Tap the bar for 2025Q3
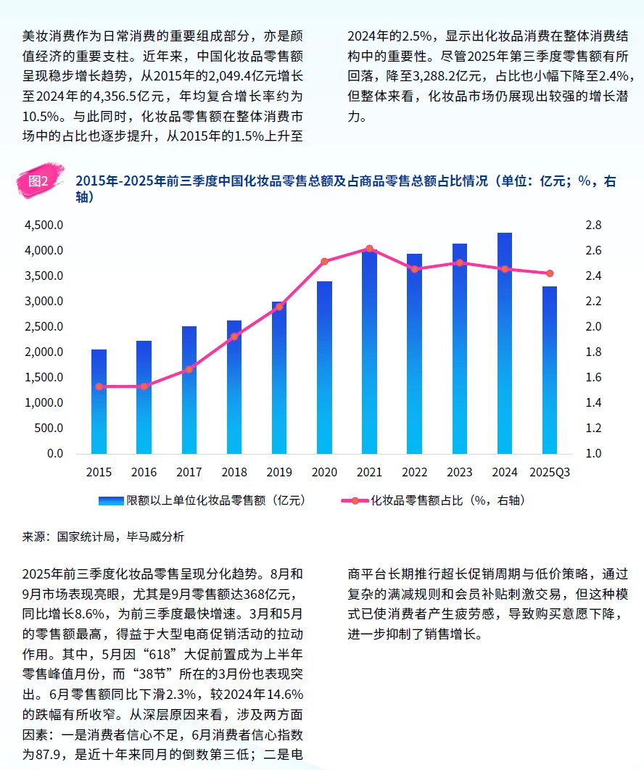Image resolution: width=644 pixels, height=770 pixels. click(550, 370)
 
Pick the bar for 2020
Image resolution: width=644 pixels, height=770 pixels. click(324, 367)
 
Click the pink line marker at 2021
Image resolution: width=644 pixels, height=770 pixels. click(369, 249)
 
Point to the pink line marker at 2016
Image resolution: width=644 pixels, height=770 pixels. click(144, 386)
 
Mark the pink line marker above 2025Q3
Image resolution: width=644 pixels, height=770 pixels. click(550, 273)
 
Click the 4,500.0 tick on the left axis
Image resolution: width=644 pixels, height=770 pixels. click(44, 225)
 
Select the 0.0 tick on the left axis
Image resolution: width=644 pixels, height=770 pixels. click(55, 454)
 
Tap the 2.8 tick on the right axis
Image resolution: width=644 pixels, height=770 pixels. click(594, 225)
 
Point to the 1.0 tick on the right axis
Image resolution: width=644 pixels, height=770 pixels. click(594, 454)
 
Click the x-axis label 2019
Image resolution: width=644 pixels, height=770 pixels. click(279, 473)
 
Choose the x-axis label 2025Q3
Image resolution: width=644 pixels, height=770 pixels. click(550, 473)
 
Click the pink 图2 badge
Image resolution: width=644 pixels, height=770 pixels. click(37, 181)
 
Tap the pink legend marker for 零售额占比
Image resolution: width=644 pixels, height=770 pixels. click(355, 501)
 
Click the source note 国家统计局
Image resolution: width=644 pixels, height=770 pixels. click(83, 537)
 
